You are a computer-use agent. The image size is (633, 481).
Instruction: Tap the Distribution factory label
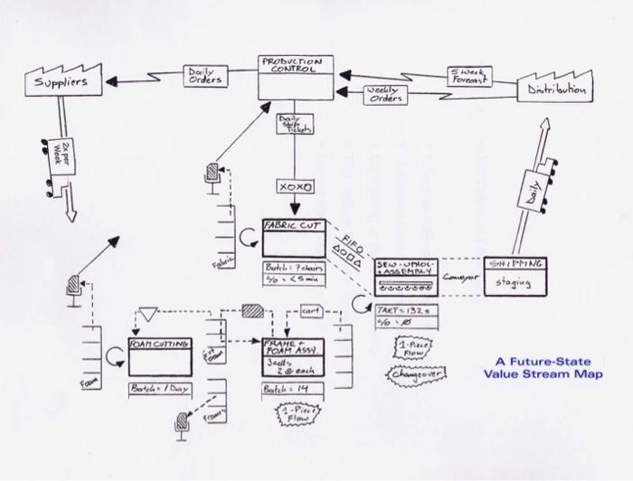coord(555,90)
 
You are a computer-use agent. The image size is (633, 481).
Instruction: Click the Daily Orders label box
coord(203,76)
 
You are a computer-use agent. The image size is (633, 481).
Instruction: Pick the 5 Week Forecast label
coord(468,76)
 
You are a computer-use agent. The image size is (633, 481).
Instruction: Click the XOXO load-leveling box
coord(296,188)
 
